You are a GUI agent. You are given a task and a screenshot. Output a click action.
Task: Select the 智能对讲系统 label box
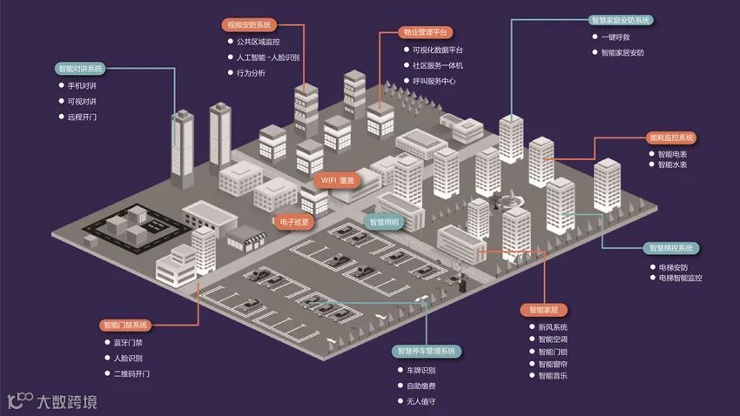(x=79, y=68)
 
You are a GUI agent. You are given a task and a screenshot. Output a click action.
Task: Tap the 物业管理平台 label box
(x=426, y=32)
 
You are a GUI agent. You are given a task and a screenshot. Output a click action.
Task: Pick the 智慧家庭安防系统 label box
(x=620, y=20)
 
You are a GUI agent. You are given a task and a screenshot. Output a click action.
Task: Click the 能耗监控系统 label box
(x=671, y=138)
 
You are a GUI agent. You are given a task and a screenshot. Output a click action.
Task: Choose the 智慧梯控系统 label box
(x=672, y=248)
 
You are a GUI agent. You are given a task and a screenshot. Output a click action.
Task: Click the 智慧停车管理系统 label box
(x=426, y=352)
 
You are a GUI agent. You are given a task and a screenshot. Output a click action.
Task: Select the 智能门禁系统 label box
(x=125, y=325)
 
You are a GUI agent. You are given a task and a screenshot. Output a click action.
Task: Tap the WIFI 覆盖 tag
(x=337, y=180)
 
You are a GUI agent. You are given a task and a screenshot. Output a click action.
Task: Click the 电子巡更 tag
(x=295, y=222)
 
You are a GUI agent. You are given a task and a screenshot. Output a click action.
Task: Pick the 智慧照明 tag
(x=383, y=223)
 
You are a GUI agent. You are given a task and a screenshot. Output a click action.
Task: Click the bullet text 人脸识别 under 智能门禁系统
(x=128, y=358)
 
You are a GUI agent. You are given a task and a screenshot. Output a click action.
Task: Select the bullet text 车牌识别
(x=420, y=370)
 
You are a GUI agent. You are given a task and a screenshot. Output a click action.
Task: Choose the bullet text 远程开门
(x=82, y=117)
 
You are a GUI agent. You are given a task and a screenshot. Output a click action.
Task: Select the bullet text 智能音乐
(x=553, y=376)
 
